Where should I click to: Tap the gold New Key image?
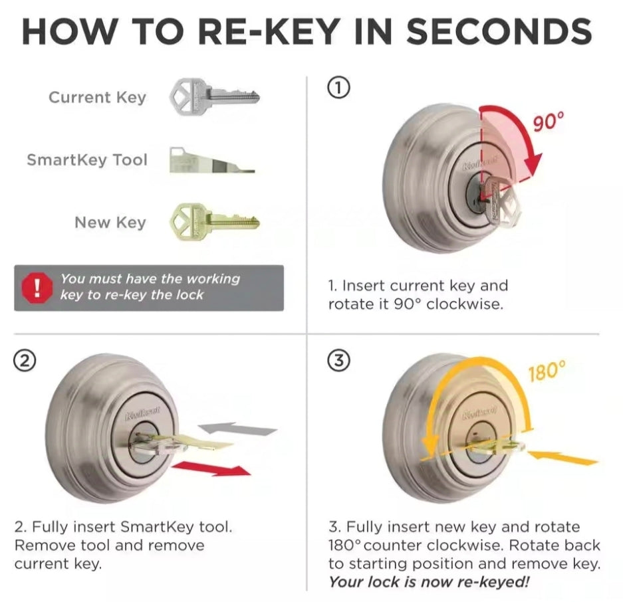214,221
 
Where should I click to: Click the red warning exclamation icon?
37,287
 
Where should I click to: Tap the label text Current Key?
97,97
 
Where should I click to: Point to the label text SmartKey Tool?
87,160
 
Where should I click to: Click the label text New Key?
110,222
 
